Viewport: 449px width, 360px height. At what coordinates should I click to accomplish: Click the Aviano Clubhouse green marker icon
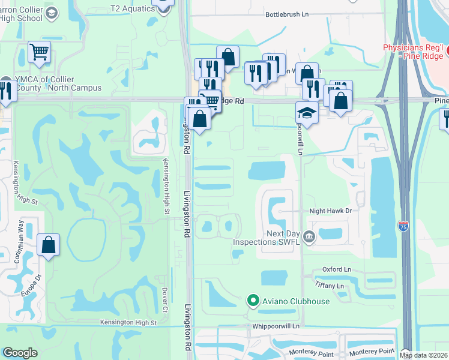coord(253,301)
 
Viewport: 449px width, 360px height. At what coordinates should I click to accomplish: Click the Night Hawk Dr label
coord(330,211)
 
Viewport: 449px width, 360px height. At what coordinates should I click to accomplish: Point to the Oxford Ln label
coord(336,269)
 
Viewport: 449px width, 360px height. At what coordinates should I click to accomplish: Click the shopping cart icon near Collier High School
coord(39,52)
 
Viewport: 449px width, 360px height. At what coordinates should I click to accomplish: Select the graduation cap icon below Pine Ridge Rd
coord(307,112)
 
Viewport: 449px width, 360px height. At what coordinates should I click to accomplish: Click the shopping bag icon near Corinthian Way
coord(48,245)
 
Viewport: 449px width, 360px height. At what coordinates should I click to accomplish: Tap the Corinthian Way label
coord(20,242)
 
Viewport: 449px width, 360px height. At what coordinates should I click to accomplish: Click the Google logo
coord(20,353)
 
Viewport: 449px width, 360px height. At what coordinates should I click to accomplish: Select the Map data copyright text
coord(423,355)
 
